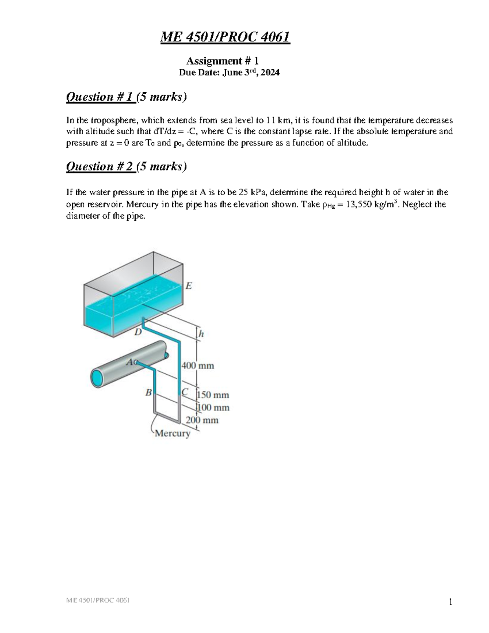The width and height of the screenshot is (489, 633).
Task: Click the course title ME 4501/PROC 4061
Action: pos(225,37)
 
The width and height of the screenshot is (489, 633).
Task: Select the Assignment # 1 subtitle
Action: pos(222,61)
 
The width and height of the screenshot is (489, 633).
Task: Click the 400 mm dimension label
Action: pos(198,366)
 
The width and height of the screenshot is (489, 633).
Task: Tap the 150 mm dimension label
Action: pos(213,395)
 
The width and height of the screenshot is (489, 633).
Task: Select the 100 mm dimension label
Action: pos(213,408)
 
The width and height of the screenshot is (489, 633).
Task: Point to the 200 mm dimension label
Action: pos(203,420)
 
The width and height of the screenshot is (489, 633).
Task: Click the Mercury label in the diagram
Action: pos(173,433)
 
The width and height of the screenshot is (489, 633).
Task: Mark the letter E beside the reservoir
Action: pos(188,286)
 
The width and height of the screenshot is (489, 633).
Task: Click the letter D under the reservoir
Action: pos(138,332)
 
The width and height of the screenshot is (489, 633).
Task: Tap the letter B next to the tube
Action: pos(148,393)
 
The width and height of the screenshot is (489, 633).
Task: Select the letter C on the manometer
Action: pos(185,392)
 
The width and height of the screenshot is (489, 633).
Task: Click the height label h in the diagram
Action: pos(201,334)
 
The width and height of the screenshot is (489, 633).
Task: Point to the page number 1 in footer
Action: pos(450,602)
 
